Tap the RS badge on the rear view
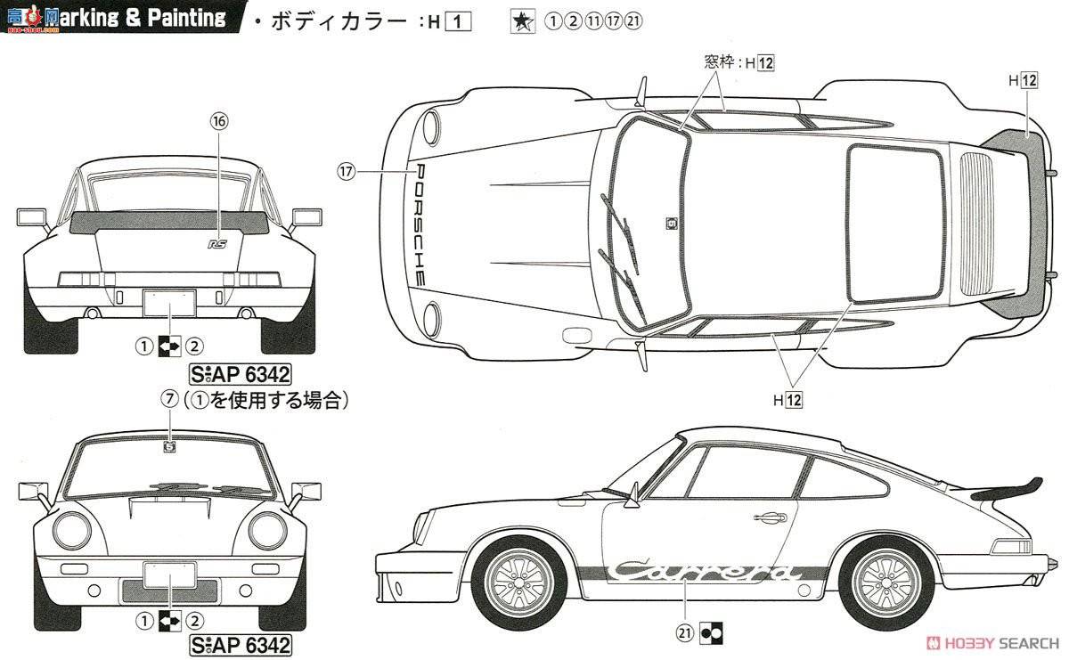(x=216, y=242)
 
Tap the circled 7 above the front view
(x=169, y=400)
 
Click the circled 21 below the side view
(x=686, y=634)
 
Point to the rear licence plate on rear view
(x=168, y=303)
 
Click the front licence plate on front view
(x=168, y=574)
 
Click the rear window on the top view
(x=894, y=223)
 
